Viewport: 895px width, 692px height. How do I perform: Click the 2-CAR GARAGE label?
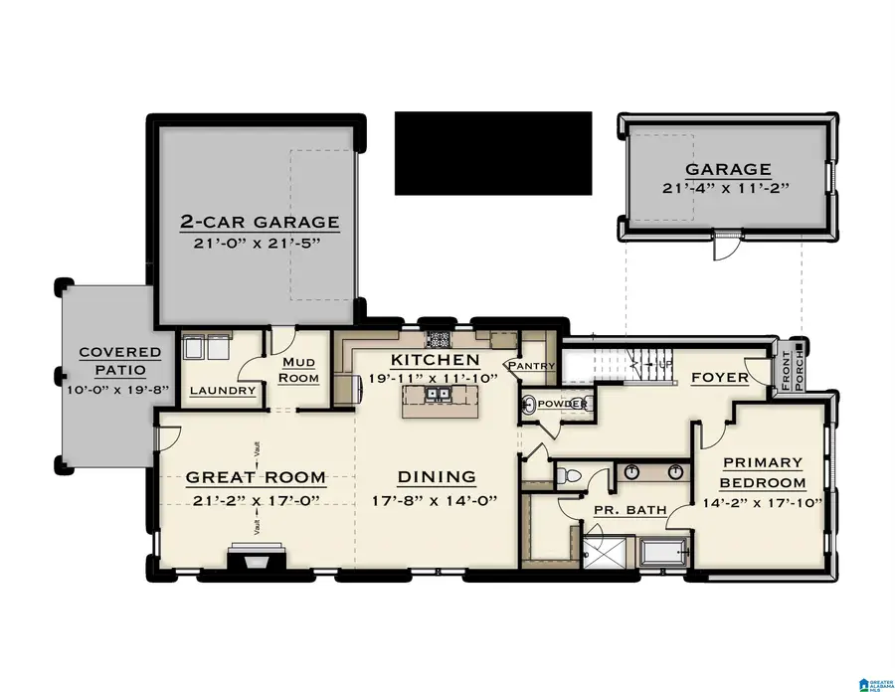point(259,222)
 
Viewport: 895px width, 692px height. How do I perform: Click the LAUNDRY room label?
point(223,391)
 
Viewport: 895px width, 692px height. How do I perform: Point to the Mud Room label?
point(299,370)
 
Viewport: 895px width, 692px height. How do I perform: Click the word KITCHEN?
point(435,359)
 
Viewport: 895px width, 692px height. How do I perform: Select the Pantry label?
point(530,366)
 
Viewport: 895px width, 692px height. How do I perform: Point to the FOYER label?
point(713,378)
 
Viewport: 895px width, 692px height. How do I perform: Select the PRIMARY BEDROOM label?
point(763,472)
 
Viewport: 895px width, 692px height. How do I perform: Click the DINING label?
point(437,477)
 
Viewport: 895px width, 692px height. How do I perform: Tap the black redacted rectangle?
point(492,152)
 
